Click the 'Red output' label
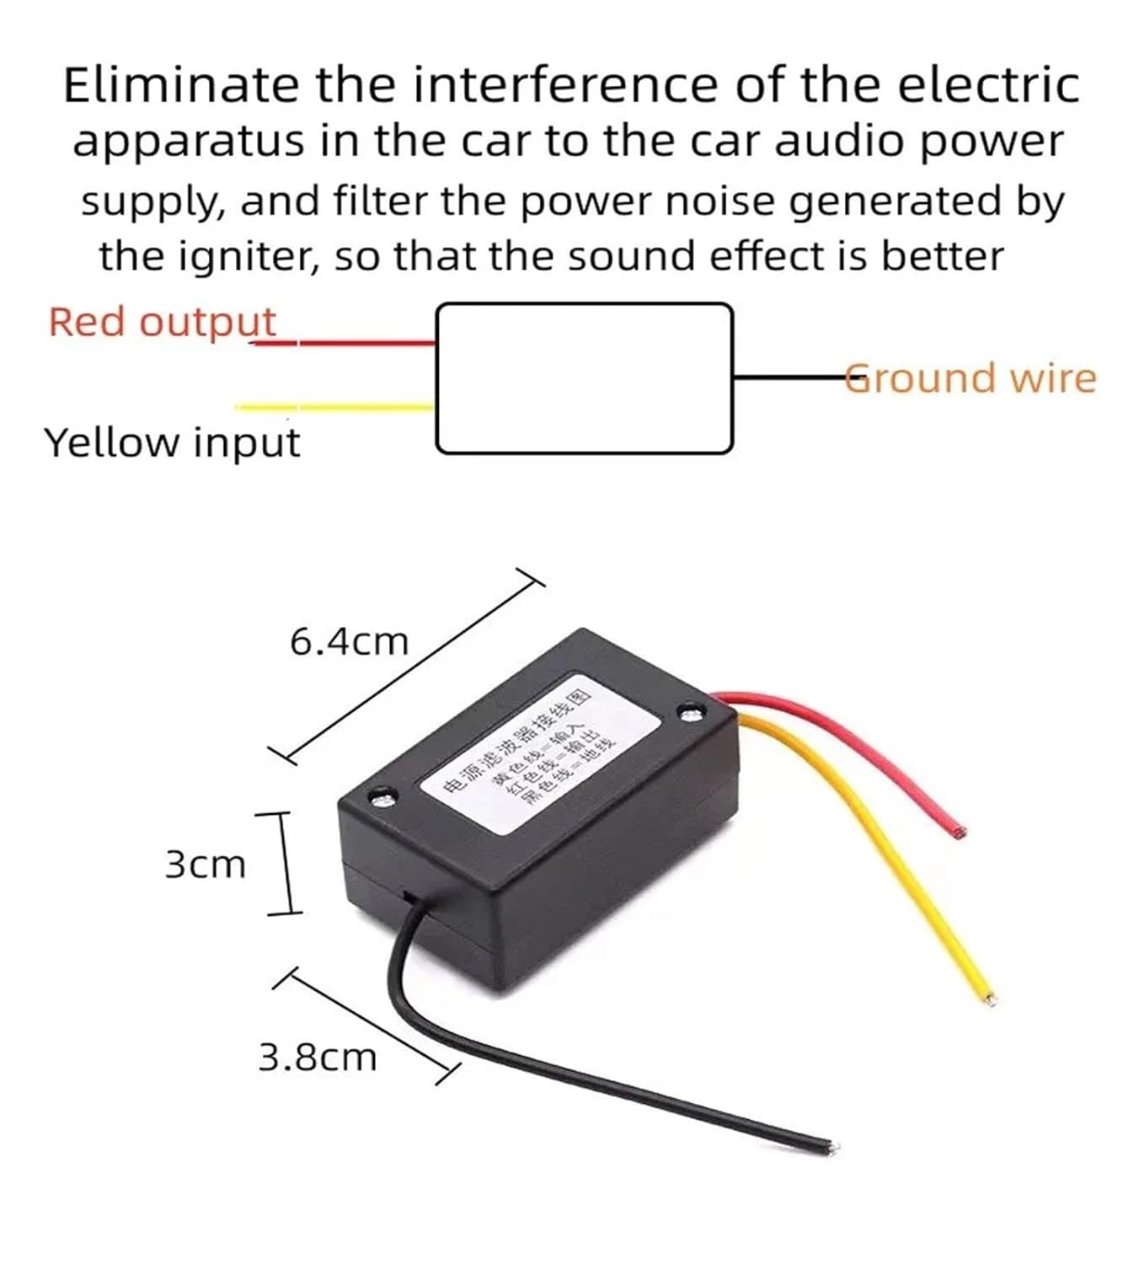161,322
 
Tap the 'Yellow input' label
172,442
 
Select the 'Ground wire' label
971,378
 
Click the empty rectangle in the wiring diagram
584,378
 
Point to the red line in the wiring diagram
354,343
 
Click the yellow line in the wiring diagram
337,408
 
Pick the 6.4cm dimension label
349,642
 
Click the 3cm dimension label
205,865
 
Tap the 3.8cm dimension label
317,1058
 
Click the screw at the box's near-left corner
382,797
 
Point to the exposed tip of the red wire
959,833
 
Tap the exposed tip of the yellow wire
989,999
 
